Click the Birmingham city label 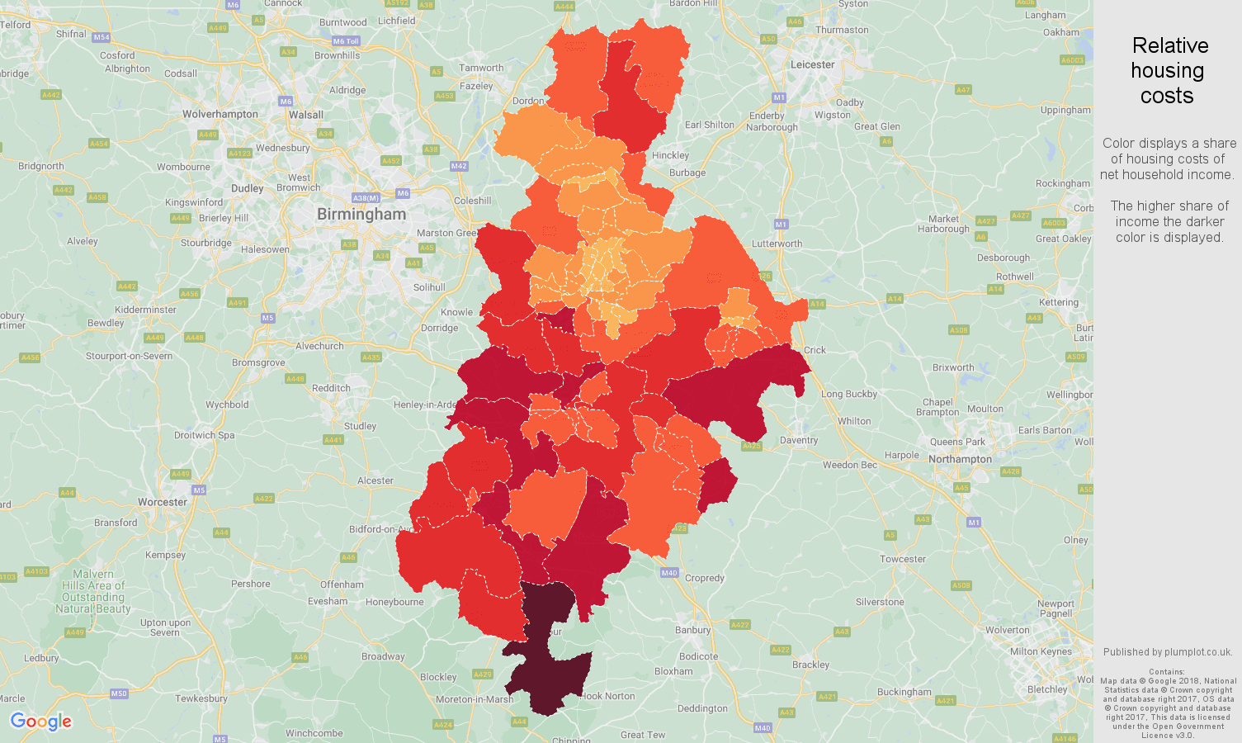tap(361, 215)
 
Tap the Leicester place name tap(812, 64)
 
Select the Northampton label tap(960, 459)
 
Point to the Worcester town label tap(163, 502)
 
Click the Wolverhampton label tap(220, 114)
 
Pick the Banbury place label tap(692, 630)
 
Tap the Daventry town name tap(798, 440)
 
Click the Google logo tap(41, 722)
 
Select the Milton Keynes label tap(1041, 651)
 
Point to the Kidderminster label tap(145, 310)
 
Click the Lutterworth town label tap(777, 244)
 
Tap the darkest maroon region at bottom tap(545, 677)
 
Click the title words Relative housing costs tap(1168, 71)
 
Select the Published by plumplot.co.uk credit tap(1167, 652)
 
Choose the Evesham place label tap(328, 601)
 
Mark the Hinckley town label tap(670, 155)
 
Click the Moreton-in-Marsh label tap(475, 699)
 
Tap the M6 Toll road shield tap(346, 41)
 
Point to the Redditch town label tap(331, 388)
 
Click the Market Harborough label tap(943, 224)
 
